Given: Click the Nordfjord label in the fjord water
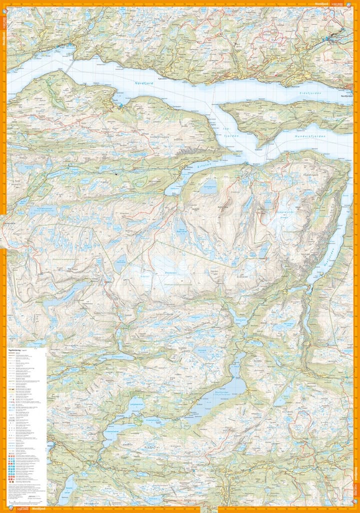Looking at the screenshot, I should (x=143, y=84).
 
